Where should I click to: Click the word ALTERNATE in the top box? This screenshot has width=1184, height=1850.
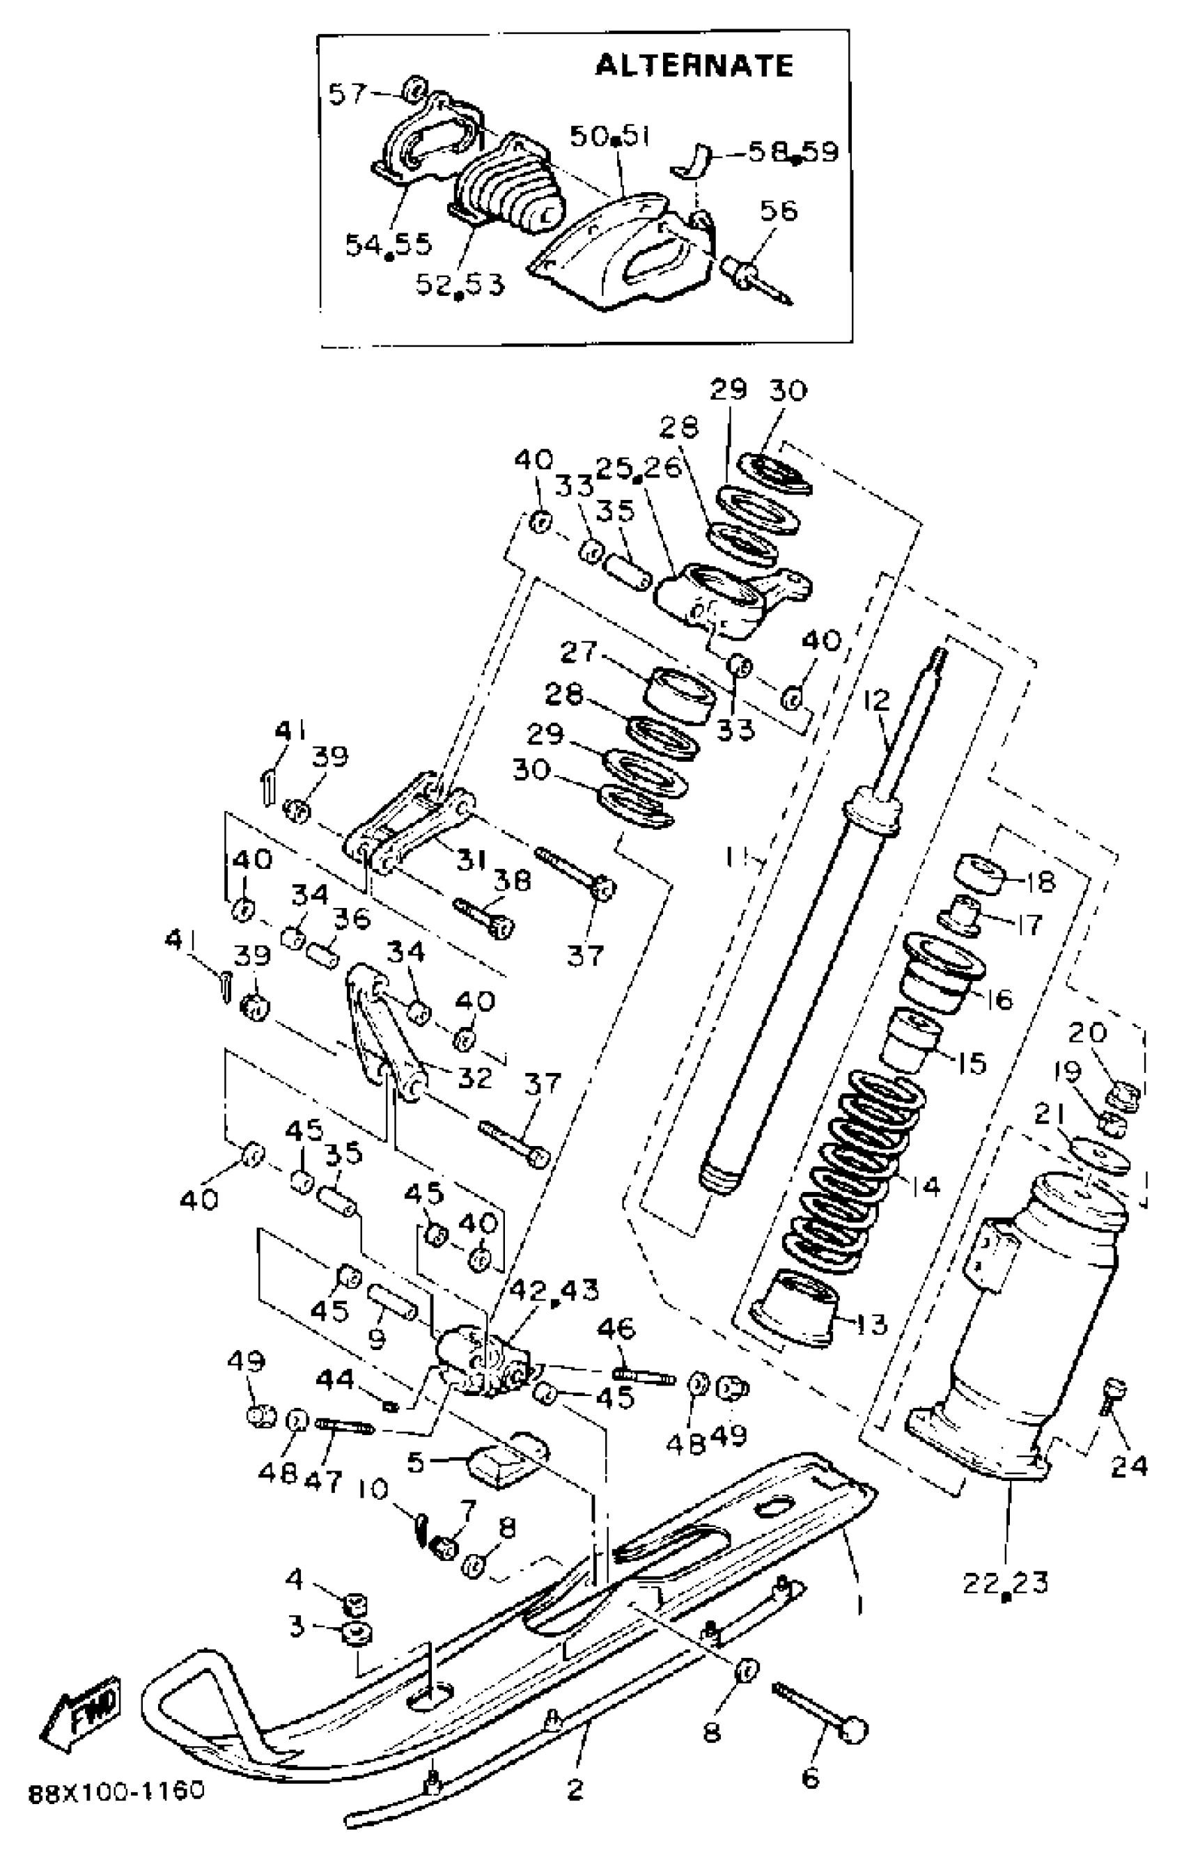pos(694,65)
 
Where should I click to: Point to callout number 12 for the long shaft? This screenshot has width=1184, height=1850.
pos(875,700)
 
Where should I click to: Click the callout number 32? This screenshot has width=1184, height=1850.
pos(474,1079)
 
